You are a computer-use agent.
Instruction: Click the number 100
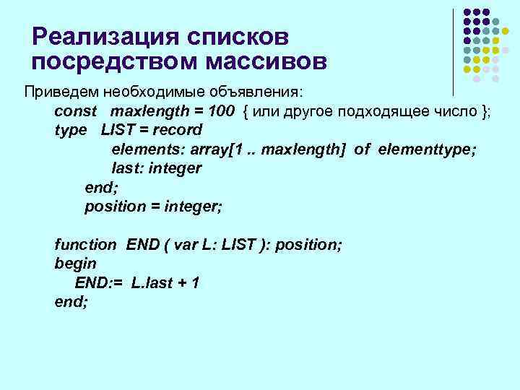click(220, 111)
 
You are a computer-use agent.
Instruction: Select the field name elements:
click(147, 149)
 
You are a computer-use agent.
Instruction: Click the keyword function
click(84, 245)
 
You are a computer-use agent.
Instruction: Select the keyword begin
click(74, 264)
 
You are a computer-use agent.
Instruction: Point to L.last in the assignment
click(152, 283)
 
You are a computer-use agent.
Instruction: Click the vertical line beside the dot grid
click(453, 51)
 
